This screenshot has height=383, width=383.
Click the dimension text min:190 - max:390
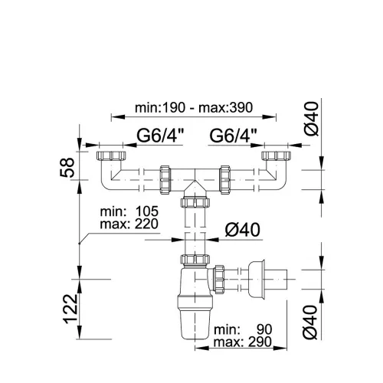[x=194, y=108]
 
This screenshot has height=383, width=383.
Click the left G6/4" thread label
[x=161, y=136]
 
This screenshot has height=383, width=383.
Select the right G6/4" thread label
[x=233, y=136]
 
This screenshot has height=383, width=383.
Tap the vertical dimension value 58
[x=67, y=168]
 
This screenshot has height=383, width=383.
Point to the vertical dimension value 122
[x=70, y=309]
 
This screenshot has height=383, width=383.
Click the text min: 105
[x=129, y=211]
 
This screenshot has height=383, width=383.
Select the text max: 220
[x=129, y=224]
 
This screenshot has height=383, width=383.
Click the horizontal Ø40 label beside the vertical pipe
[x=243, y=230]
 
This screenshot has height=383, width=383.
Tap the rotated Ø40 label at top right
[x=312, y=119]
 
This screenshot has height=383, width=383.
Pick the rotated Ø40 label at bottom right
[x=311, y=322]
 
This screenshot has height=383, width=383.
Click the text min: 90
[x=243, y=329]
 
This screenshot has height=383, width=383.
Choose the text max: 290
[x=243, y=342]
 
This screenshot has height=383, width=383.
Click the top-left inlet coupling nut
[x=111, y=155]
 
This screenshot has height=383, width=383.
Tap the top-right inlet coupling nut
[x=277, y=155]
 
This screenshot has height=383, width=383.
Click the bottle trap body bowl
[x=195, y=304]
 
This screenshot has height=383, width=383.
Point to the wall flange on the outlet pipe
[x=257, y=279]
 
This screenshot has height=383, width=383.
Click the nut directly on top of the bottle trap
[x=195, y=259]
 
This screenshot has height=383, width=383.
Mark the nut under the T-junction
[x=195, y=202]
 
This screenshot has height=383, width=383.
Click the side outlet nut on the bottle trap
[x=219, y=280]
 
